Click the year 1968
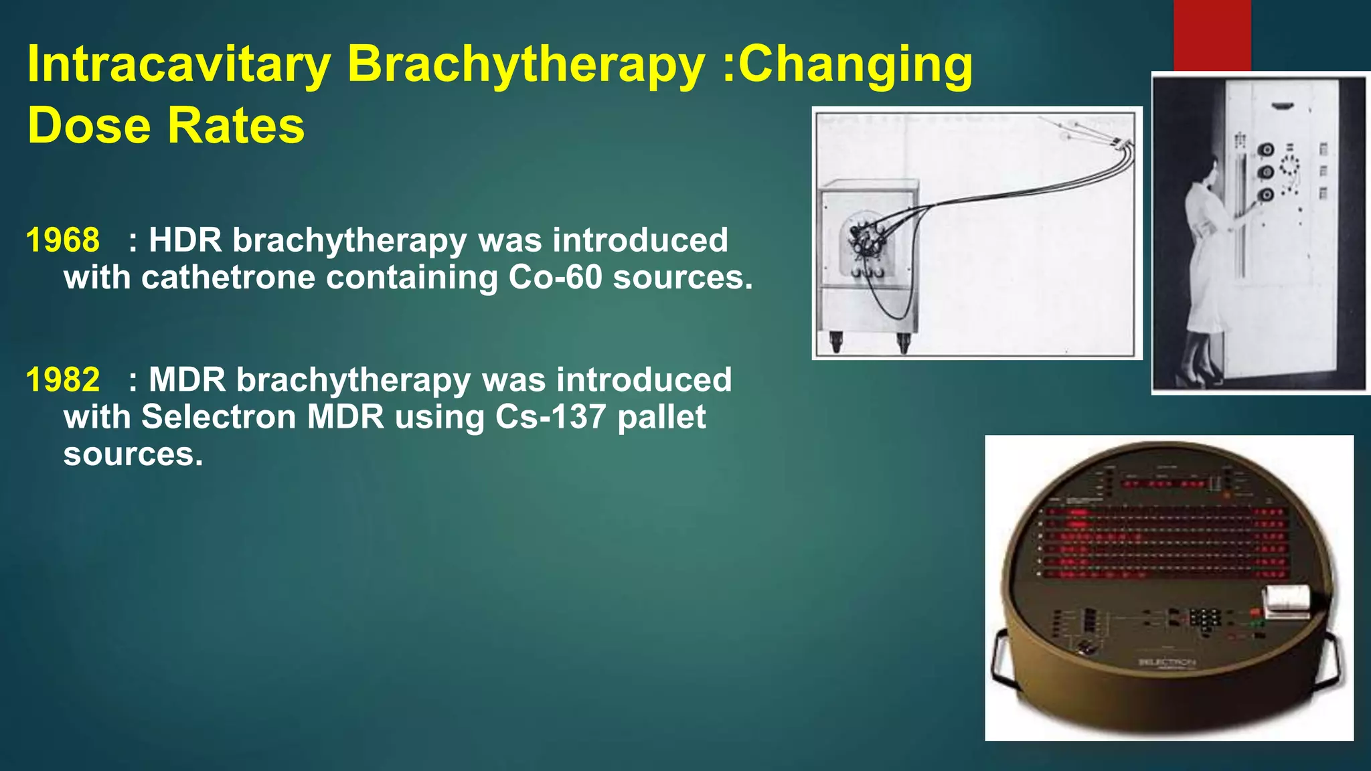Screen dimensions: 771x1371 63,240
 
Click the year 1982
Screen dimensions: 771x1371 63,379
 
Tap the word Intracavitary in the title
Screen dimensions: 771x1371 179,65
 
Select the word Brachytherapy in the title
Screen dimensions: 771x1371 526,65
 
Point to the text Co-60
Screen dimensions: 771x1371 555,277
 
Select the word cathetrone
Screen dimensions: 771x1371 228,277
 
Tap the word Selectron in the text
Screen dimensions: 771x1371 218,417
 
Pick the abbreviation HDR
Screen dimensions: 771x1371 185,240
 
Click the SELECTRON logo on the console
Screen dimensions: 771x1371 1166,663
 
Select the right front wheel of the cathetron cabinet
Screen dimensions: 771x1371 903,343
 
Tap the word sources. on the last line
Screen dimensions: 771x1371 133,454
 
